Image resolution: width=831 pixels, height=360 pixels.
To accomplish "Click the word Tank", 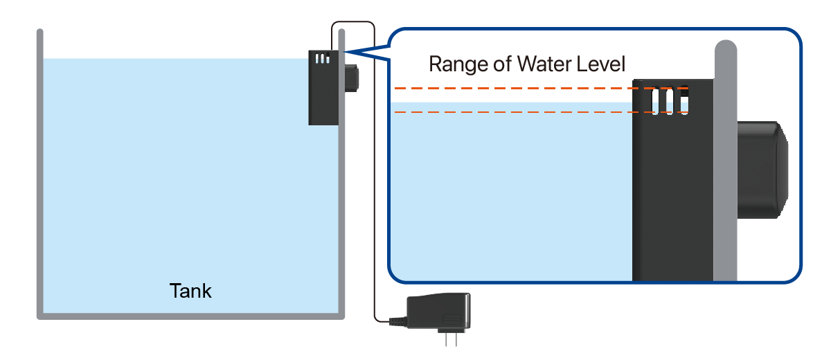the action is [x=190, y=291].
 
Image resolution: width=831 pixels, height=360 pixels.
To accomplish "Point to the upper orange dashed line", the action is [x=542, y=88].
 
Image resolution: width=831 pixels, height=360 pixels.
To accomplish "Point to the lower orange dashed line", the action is [x=542, y=111].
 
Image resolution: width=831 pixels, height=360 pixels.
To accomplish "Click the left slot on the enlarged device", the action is [x=655, y=101].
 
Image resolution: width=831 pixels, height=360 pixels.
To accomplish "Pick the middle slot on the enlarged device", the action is [x=670, y=101].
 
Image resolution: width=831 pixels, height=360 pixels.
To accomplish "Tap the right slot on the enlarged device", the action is [x=684, y=101].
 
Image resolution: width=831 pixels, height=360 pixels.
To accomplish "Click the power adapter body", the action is [x=439, y=311].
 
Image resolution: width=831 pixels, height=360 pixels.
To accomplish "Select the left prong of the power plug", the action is [x=446, y=340].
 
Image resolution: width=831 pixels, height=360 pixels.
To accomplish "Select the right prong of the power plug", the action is [x=456, y=340].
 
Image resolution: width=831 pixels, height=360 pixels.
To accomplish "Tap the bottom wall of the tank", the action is [x=190, y=316].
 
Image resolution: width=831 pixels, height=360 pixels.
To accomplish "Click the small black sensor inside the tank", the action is [x=323, y=87].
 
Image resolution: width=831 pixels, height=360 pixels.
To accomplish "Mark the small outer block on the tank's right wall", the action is [x=352, y=78].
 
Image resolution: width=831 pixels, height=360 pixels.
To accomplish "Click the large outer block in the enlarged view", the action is [x=762, y=170].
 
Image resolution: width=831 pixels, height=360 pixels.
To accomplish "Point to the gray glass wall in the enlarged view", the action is [x=726, y=161].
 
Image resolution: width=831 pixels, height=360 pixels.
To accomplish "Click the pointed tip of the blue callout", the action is [x=344, y=52].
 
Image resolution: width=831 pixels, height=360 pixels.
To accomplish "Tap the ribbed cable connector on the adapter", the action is [x=398, y=322].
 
